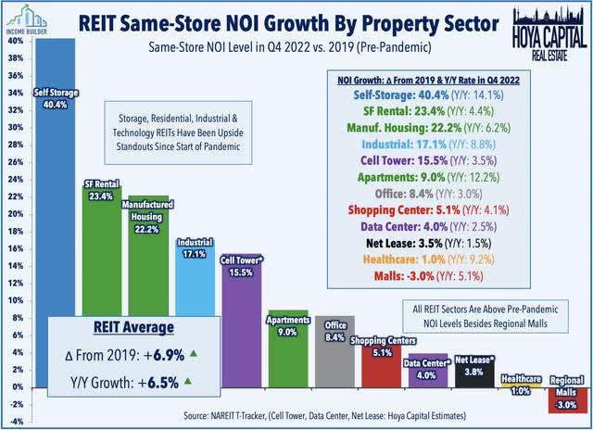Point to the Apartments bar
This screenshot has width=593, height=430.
click(x=287, y=352)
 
